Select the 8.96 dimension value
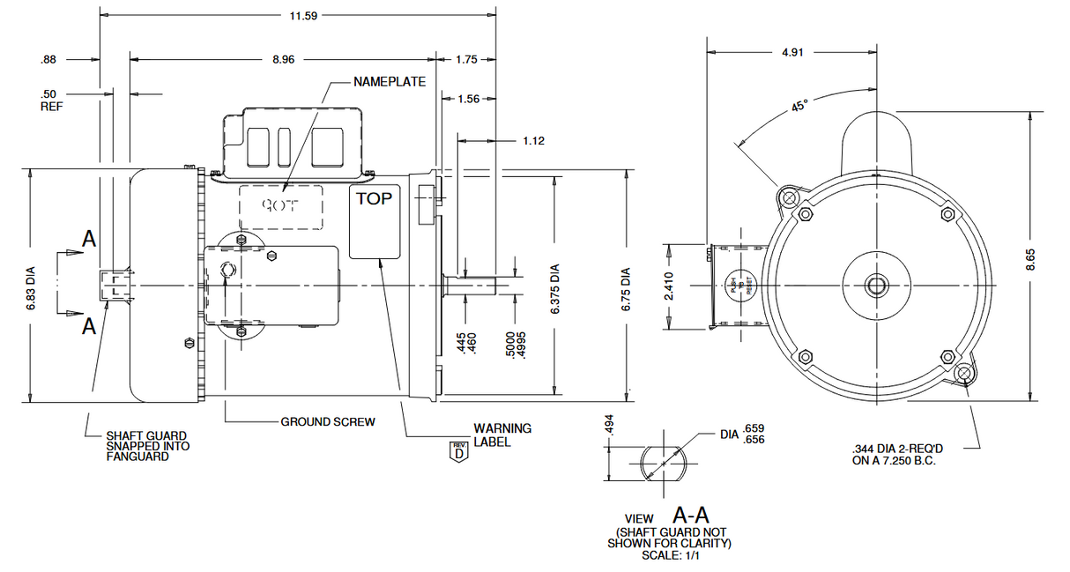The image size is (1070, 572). [x=284, y=60]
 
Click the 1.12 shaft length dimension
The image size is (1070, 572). [x=534, y=139]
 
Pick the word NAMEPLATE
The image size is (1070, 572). [x=390, y=82]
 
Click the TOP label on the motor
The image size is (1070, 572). [x=374, y=198]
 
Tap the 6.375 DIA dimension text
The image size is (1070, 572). [x=554, y=287]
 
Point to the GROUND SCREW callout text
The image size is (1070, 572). [x=328, y=422]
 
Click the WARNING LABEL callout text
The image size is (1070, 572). [x=502, y=435]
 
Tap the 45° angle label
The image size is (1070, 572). [x=799, y=107]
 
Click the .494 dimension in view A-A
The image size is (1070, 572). [x=609, y=425]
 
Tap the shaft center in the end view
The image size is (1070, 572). [x=876, y=285]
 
